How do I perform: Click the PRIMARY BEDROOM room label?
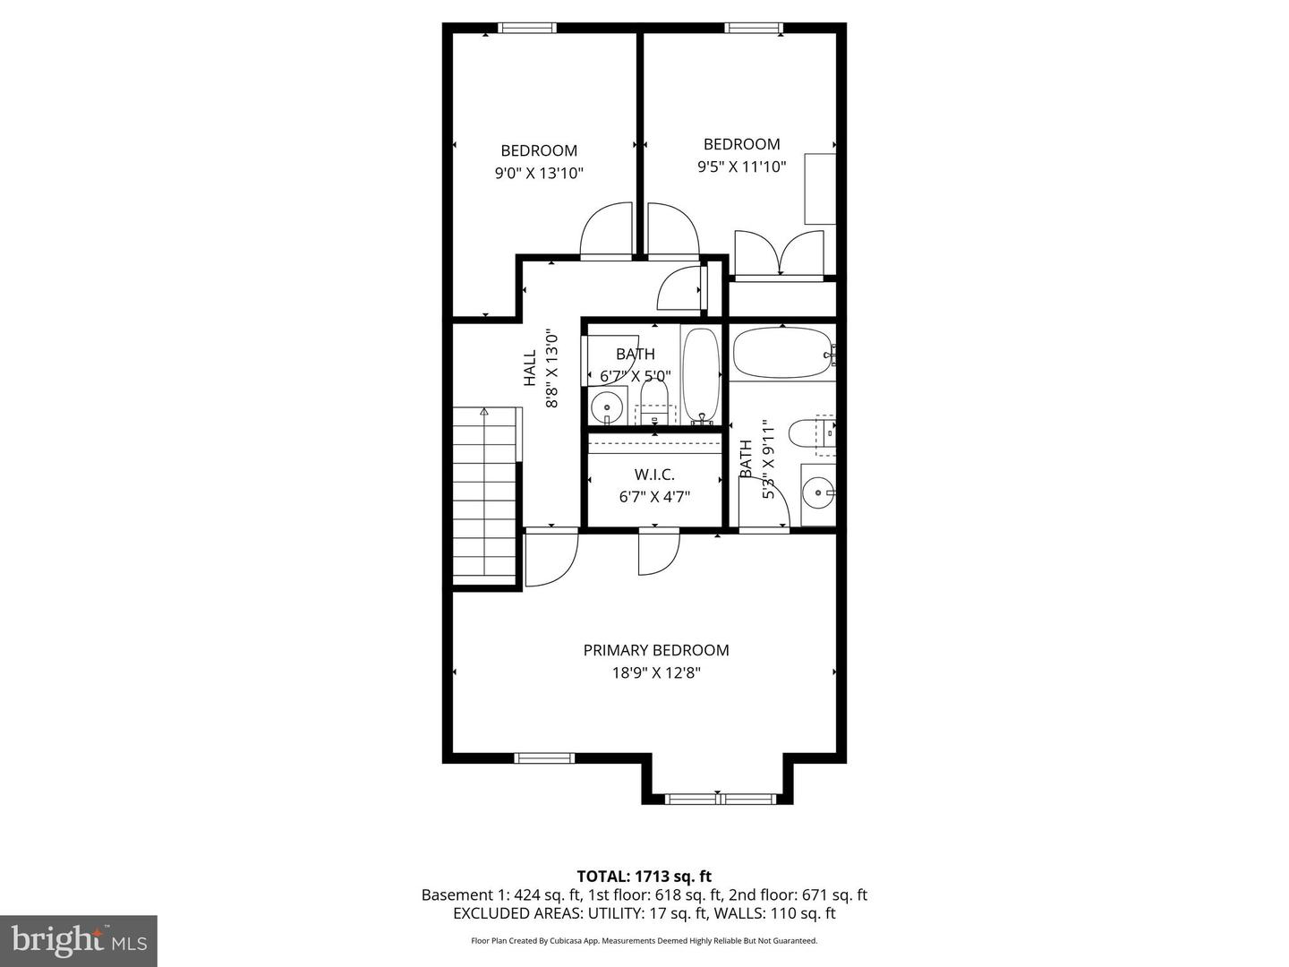click(656, 650)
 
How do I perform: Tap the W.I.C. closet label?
click(654, 475)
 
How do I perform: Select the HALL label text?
click(530, 368)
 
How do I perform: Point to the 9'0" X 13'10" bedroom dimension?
click(539, 174)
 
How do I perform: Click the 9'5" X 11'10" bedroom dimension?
click(741, 167)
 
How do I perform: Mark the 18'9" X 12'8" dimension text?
click(656, 673)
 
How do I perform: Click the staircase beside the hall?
click(484, 494)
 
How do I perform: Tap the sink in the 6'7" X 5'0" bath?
click(607, 408)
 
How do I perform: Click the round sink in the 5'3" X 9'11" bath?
click(816, 492)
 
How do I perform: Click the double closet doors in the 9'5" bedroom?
click(779, 253)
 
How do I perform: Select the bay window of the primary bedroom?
click(721, 798)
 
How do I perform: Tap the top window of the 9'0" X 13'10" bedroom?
click(527, 28)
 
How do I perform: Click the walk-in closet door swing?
click(657, 553)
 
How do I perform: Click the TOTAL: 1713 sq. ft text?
click(644, 877)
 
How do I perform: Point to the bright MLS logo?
click(79, 940)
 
